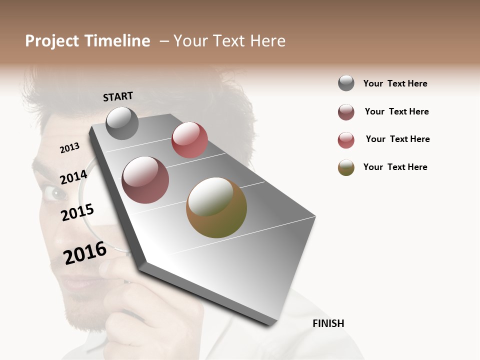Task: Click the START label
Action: (118, 96)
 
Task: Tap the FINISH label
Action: (328, 323)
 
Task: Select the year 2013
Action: (69, 147)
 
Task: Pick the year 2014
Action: (73, 177)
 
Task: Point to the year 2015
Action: (77, 213)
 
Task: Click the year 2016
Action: (85, 253)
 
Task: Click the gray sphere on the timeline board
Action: (122, 123)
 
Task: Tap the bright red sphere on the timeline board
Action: (189, 140)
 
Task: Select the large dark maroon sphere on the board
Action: (145, 180)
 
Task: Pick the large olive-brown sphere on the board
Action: (216, 207)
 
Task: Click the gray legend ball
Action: (346, 83)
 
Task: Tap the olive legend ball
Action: (346, 167)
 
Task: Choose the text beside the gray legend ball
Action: (395, 83)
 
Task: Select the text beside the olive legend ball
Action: (395, 167)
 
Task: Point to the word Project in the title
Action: (52, 41)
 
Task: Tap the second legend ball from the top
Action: (346, 112)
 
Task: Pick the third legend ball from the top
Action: (346, 140)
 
